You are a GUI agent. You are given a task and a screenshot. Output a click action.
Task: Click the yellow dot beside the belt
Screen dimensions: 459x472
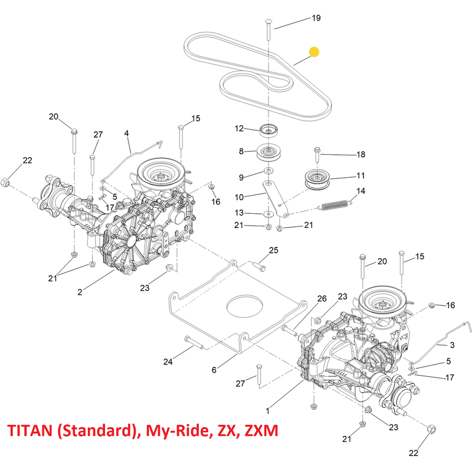point(314,52)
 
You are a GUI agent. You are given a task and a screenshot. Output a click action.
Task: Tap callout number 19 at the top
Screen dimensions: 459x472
point(316,18)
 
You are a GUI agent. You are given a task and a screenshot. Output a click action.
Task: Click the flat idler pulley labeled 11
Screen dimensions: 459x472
point(319,179)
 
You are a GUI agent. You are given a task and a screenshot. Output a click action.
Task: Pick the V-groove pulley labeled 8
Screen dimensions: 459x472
point(269,153)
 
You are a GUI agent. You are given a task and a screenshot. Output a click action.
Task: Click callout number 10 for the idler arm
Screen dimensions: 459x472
point(241,197)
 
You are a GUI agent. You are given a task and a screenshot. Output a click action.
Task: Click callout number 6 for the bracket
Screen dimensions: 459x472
point(215,370)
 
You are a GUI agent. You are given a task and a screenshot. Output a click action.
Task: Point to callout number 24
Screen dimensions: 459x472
point(168,362)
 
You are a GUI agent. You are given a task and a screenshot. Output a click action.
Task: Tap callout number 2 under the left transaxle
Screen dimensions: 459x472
point(80,292)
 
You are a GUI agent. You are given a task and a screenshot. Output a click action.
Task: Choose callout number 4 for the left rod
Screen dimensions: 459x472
point(127,134)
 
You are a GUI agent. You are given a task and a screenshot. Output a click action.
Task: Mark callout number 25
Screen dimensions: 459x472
point(273,250)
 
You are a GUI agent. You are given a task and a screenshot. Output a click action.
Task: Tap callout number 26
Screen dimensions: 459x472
point(322,300)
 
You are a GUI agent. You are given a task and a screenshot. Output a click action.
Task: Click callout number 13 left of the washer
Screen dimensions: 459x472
point(241,213)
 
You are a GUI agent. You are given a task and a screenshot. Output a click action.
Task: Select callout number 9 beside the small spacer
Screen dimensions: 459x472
point(241,177)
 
